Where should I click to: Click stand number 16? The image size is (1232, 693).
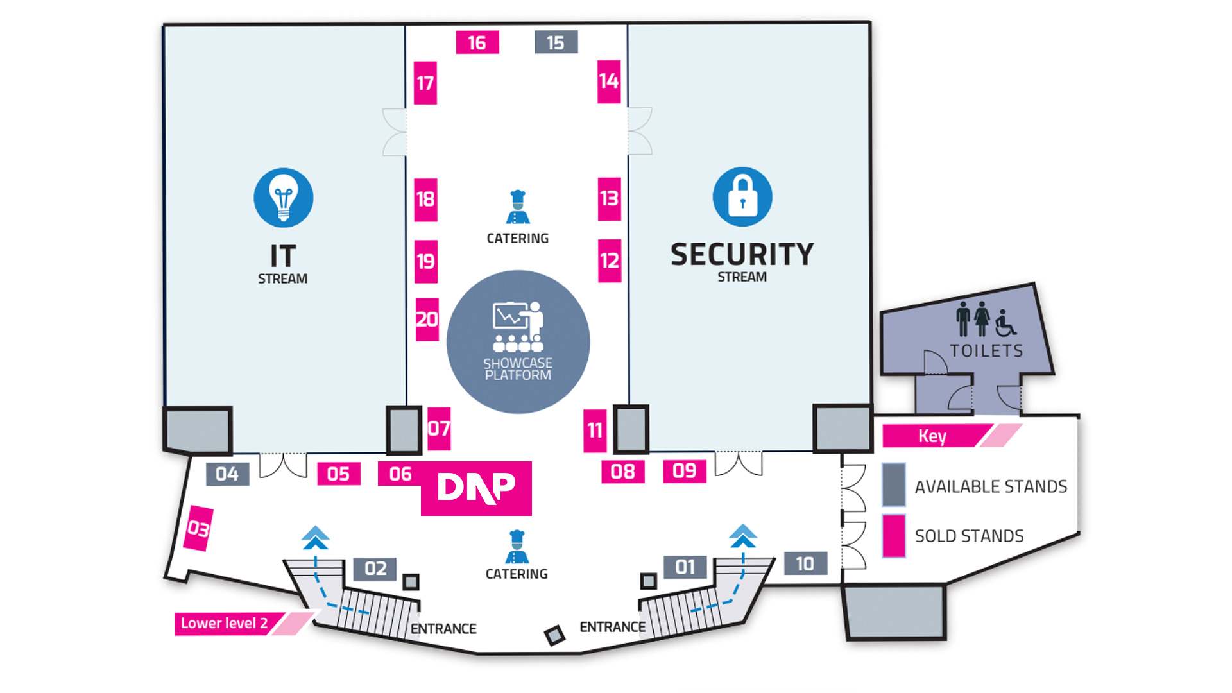[x=477, y=42]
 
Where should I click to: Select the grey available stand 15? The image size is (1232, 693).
[x=556, y=42]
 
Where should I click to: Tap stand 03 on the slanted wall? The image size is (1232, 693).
[x=198, y=529]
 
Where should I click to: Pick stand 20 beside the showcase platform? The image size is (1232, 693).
[x=427, y=319]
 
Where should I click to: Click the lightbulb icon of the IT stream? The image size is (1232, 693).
[x=283, y=198]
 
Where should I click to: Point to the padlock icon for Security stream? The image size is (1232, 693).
[x=742, y=196]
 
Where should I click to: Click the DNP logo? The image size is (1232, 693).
[x=476, y=488]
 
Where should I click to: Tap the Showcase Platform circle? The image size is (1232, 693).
[x=518, y=342]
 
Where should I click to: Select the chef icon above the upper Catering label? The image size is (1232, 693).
[x=517, y=207]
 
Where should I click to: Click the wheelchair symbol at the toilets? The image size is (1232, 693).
[x=1005, y=322]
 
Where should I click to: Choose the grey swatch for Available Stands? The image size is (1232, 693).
[x=893, y=485]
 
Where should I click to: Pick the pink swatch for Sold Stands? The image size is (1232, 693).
[x=893, y=536]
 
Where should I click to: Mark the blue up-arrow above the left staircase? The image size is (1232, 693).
[x=315, y=538]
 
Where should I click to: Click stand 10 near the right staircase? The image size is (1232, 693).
[x=805, y=563]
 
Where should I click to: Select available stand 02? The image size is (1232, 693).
[x=375, y=568]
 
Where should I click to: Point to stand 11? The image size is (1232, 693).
[x=595, y=430]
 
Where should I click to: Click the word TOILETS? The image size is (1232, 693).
[x=986, y=351]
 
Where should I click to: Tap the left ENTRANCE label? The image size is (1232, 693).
[x=443, y=629]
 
